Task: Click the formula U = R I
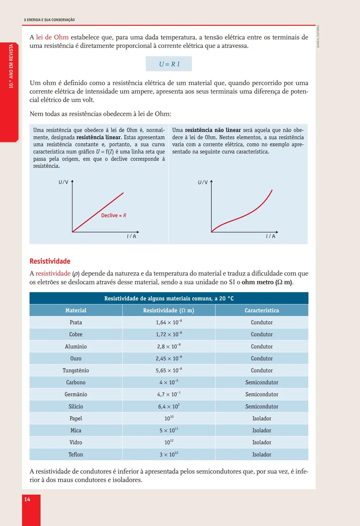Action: pyautogui.click(x=169, y=64)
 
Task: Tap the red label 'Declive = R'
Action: pyautogui.click(x=114, y=215)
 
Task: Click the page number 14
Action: pyautogui.click(x=27, y=499)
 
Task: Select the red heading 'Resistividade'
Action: pyautogui.click(x=50, y=261)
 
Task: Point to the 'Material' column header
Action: pyautogui.click(x=76, y=310)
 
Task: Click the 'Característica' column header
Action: pyautogui.click(x=262, y=310)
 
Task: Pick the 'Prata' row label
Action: pyautogui.click(x=76, y=322)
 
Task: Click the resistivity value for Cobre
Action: pyautogui.click(x=169, y=334)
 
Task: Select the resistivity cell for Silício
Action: pyautogui.click(x=169, y=406)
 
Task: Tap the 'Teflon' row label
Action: pyautogui.click(x=76, y=454)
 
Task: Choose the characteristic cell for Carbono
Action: pyautogui.click(x=262, y=382)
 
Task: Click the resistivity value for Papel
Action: pyautogui.click(x=169, y=418)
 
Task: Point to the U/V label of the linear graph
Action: pyautogui.click(x=63, y=182)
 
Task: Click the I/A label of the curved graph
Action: pyautogui.click(x=271, y=236)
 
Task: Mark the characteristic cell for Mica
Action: pyautogui.click(x=262, y=430)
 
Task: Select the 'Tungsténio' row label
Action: pyautogui.click(x=76, y=370)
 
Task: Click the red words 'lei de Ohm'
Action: pyautogui.click(x=52, y=37)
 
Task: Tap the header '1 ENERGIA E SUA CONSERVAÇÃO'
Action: pyautogui.click(x=49, y=20)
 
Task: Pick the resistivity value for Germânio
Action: pyautogui.click(x=169, y=394)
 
